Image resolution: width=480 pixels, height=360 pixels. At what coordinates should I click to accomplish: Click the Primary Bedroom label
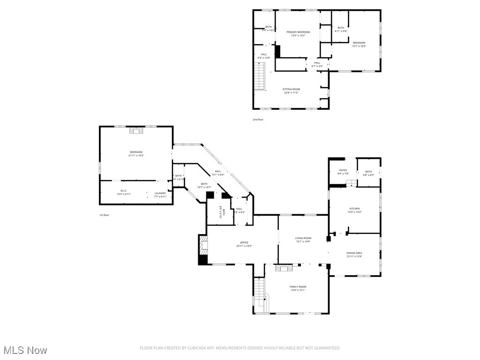tap(298, 32)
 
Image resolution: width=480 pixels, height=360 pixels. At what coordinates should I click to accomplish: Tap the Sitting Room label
tap(291, 89)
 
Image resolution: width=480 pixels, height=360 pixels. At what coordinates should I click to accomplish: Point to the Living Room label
tap(303, 238)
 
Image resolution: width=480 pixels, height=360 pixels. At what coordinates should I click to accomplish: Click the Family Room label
tap(298, 286)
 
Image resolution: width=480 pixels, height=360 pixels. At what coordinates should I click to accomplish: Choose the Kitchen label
tap(354, 208)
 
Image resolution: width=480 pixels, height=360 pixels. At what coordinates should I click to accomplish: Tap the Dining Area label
tap(354, 253)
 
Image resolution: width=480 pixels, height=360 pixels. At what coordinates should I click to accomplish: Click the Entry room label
tap(343, 171)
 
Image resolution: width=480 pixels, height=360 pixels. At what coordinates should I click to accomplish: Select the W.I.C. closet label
tap(124, 190)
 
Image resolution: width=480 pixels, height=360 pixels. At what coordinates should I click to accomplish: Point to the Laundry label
tap(160, 193)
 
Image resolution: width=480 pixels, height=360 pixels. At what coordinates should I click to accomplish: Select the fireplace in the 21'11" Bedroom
tap(137, 131)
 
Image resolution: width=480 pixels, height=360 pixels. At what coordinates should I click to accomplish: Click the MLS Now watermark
tap(25, 350)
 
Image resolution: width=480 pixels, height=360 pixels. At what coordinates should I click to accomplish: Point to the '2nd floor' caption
tap(258, 120)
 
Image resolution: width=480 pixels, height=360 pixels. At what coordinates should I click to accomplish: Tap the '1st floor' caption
tap(104, 215)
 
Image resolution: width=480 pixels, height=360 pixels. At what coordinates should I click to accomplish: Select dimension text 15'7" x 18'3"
tap(359, 46)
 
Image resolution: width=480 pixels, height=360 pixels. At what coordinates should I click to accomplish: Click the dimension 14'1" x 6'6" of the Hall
tap(218, 175)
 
